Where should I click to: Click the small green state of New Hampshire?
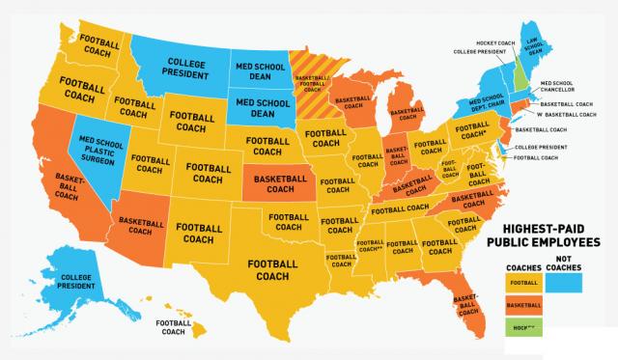point(521,70)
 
